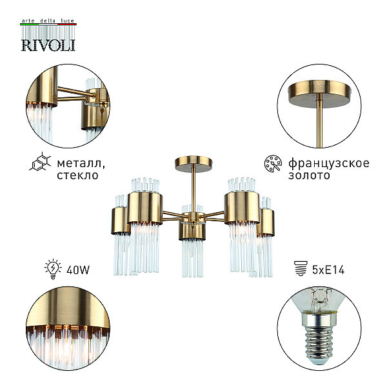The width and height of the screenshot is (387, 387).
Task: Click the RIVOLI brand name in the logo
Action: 48,45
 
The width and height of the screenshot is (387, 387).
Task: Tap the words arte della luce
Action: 48,21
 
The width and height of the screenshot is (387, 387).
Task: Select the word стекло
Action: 78,175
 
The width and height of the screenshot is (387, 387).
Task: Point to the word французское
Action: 329,164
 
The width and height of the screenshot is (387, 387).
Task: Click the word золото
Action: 309,175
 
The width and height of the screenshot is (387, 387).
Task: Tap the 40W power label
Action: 78,270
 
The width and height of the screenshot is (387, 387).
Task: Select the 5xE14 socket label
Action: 328,270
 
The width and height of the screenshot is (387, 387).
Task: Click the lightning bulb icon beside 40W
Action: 53,269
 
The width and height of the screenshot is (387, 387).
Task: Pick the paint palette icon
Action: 273,163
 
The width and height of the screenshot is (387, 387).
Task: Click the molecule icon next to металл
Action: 40,162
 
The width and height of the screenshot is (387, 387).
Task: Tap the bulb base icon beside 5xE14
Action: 301,268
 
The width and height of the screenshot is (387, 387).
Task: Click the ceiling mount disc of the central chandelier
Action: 194,161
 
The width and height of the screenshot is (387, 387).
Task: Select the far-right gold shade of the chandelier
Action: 266,222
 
